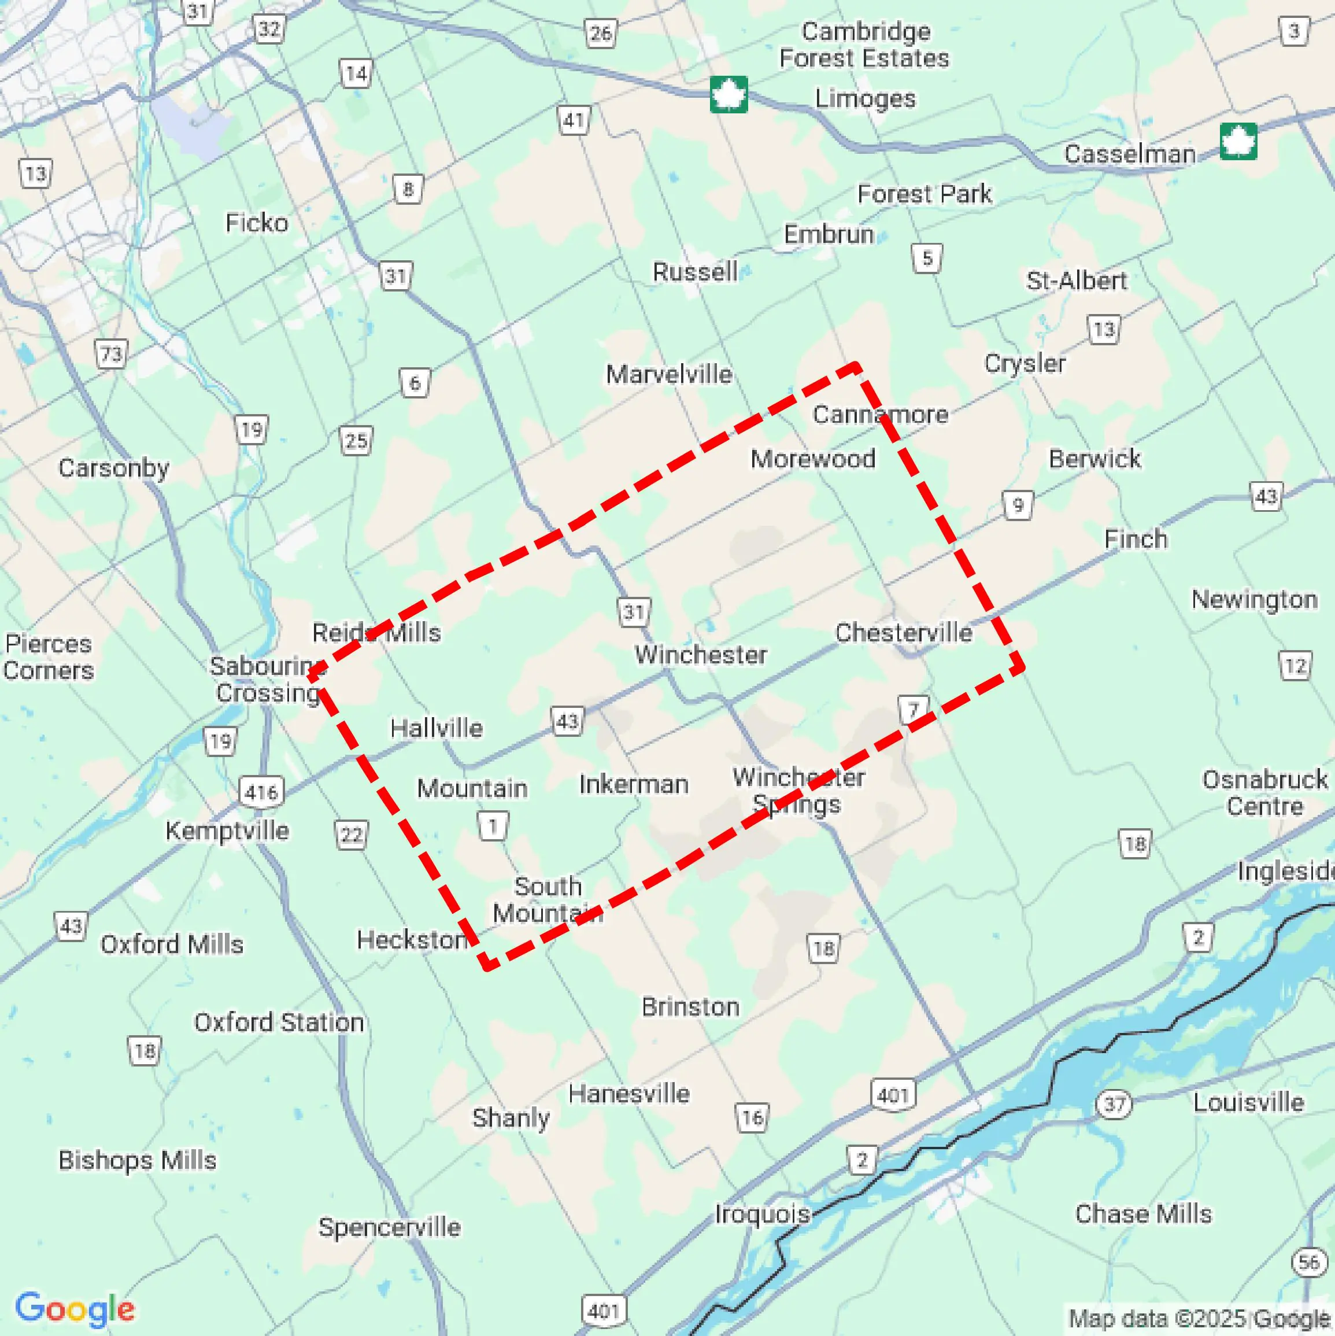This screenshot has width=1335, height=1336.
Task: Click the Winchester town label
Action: pos(700,654)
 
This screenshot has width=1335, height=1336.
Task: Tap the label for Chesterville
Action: pos(903,632)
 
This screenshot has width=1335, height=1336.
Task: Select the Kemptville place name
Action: pos(227,830)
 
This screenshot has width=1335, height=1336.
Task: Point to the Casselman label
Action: pos(1129,153)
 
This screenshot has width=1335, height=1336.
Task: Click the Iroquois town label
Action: pos(762,1213)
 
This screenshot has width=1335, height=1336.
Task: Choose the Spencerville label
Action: pos(389,1227)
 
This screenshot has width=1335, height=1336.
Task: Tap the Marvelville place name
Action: pos(668,374)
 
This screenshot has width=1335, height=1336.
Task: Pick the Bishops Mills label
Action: pos(137,1160)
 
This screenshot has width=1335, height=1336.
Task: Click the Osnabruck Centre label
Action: pos(1264,792)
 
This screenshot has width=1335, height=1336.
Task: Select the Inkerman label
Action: pos(633,784)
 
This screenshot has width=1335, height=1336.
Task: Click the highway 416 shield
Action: pos(261,792)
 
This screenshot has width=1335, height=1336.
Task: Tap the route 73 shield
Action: pos(110,355)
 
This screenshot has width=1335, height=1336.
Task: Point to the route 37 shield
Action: pos(1114,1104)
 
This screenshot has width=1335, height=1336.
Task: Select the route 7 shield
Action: pos(914,710)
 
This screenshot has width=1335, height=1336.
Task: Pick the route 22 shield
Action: pos(351,835)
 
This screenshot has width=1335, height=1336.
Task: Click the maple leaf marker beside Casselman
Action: pos(1237,142)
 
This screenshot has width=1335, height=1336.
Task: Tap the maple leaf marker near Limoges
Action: pos(728,95)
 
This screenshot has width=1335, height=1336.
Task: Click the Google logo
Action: pos(75,1308)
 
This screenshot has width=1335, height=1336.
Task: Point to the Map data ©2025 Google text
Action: pos(1200,1318)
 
